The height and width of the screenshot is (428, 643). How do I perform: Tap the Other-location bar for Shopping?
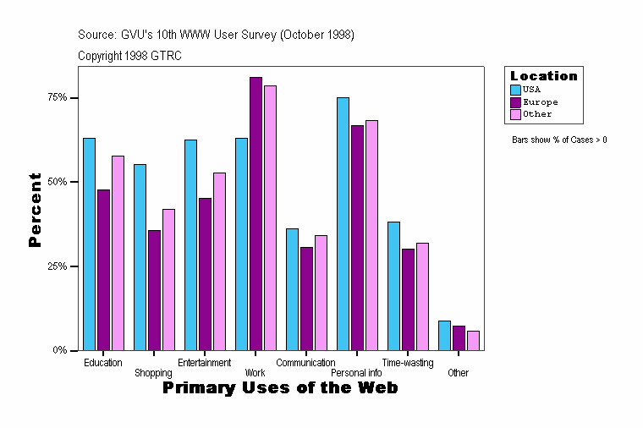tap(168, 279)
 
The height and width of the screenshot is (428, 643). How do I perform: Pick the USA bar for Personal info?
tap(343, 223)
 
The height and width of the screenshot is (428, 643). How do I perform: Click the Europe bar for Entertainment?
tap(205, 274)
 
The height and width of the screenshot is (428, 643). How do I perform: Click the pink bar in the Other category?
tap(473, 340)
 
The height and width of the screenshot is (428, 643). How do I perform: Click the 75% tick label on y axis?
tap(57, 98)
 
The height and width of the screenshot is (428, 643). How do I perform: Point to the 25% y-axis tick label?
tap(57, 266)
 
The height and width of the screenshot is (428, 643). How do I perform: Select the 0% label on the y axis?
tap(59, 350)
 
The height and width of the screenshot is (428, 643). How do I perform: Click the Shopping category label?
tap(153, 373)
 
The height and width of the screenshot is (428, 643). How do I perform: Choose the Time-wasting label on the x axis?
tap(408, 363)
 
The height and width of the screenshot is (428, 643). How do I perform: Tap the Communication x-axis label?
tap(305, 363)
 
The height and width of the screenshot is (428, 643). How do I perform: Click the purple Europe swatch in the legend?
tap(515, 102)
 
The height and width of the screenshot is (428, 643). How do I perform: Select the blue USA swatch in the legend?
tap(515, 89)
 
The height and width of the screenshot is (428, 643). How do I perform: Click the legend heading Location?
tap(543, 76)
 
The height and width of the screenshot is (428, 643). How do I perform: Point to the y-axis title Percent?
tap(35, 210)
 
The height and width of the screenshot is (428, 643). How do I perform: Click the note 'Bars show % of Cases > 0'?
tap(559, 140)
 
